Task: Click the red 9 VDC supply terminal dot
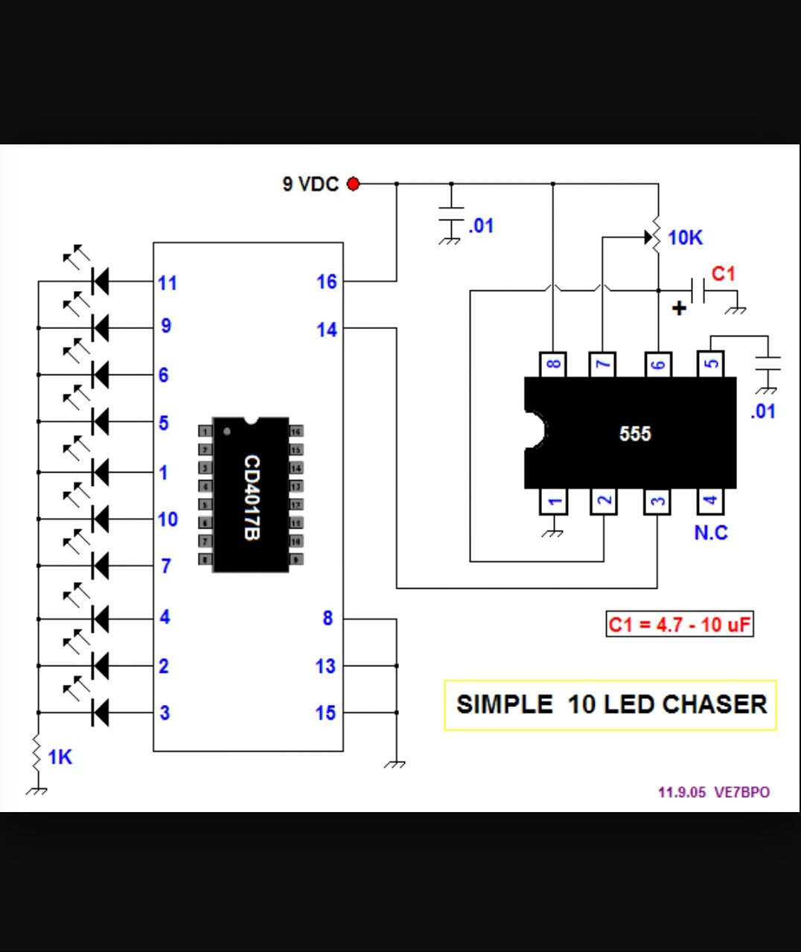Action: pos(354,183)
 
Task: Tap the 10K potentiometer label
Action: pos(685,237)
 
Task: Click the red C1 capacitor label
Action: pos(723,274)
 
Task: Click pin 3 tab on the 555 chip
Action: pos(657,502)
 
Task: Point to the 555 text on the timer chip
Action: pos(634,433)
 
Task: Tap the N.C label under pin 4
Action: pos(710,533)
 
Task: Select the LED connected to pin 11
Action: pos(99,281)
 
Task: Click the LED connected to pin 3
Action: pos(99,712)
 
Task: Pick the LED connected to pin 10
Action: pos(99,518)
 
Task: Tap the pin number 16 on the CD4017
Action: pos(327,281)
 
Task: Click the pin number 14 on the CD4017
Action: pos(327,330)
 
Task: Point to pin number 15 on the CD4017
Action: pos(325,713)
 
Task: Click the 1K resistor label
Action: pos(60,757)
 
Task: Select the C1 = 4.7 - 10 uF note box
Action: pos(679,624)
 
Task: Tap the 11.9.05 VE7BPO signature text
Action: pos(713,792)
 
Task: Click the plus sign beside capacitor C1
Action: pos(678,308)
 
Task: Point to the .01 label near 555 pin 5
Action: pos(762,411)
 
